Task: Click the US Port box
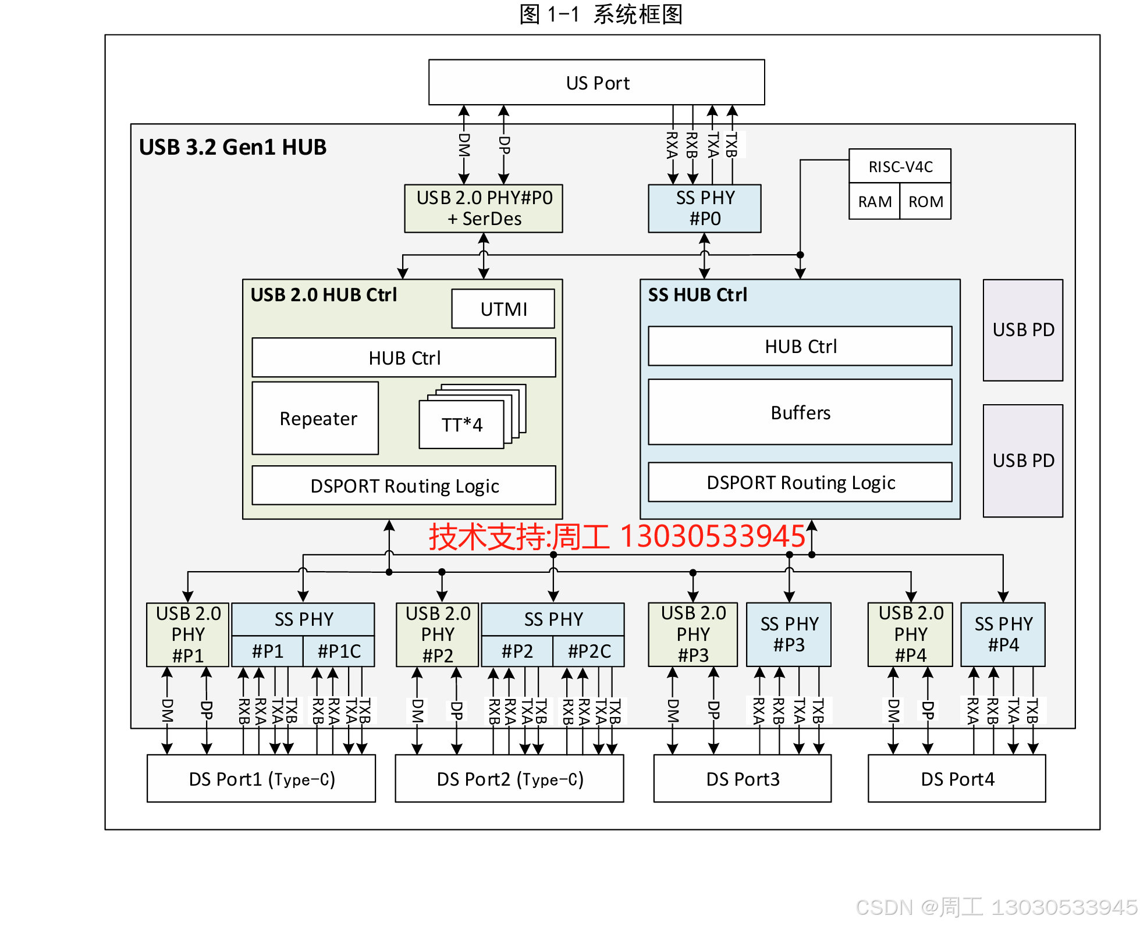pyautogui.click(x=596, y=83)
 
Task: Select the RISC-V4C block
pyautogui.click(x=900, y=167)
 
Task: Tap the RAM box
pyautogui.click(x=874, y=202)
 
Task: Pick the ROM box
pyautogui.click(x=925, y=202)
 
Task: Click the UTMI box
pyautogui.click(x=503, y=309)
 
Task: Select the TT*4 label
pyautogui.click(x=461, y=425)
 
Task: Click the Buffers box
pyautogui.click(x=800, y=412)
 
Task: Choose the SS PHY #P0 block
pyautogui.click(x=705, y=208)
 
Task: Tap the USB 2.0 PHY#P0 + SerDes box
pyautogui.click(x=484, y=208)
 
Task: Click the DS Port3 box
pyautogui.click(x=743, y=779)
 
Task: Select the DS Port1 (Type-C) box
pyautogui.click(x=261, y=779)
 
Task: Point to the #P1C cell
pyautogui.click(x=339, y=651)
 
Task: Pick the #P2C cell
pyautogui.click(x=589, y=651)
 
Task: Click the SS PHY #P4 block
pyautogui.click(x=1003, y=634)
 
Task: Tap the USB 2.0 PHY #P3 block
pyautogui.click(x=693, y=634)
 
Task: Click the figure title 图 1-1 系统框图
pyautogui.click(x=601, y=15)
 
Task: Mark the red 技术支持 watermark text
pyautogui.click(x=617, y=536)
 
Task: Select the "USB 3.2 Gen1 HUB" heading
pyautogui.click(x=233, y=147)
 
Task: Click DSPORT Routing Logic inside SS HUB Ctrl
pyautogui.click(x=800, y=482)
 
